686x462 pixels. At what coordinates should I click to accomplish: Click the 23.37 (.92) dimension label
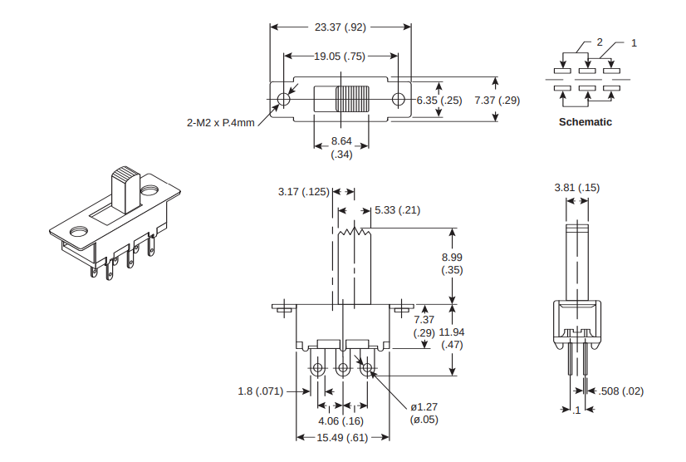click(x=341, y=27)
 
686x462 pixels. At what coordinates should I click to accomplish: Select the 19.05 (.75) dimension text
click(x=341, y=57)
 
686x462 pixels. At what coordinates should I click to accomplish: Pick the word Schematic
click(x=586, y=122)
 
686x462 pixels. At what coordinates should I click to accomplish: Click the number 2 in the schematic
click(x=599, y=42)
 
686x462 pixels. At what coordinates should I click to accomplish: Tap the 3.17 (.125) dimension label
click(x=303, y=193)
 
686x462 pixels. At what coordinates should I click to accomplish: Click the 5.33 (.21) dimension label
click(x=397, y=210)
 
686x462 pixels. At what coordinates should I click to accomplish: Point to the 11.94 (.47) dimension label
click(x=452, y=338)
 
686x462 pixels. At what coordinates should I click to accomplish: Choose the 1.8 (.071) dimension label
click(x=261, y=391)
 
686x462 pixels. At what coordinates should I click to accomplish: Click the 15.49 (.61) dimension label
click(x=343, y=438)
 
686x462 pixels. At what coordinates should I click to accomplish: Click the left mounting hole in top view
click(x=283, y=100)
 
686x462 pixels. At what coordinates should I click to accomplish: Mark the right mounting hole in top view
click(x=399, y=100)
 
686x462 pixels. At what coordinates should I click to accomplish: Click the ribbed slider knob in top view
click(x=350, y=100)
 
